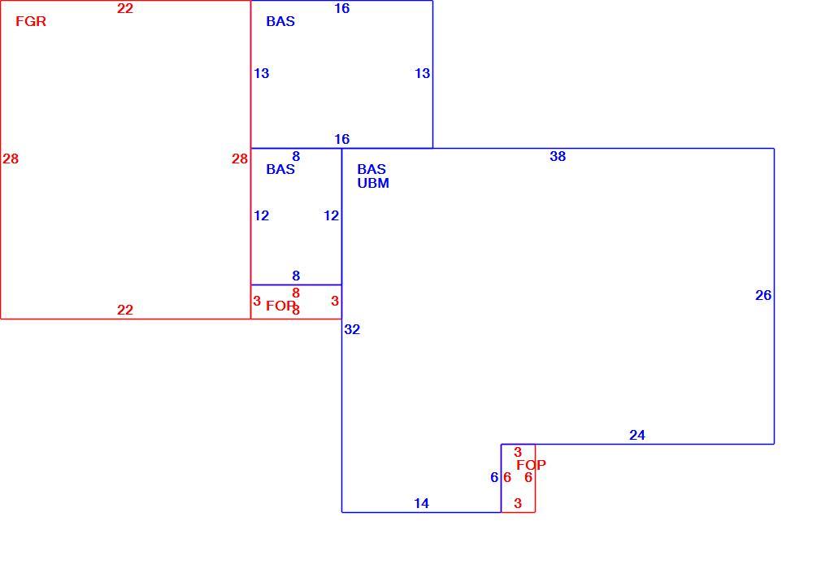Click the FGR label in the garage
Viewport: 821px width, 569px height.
(x=31, y=21)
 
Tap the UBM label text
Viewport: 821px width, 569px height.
(x=373, y=183)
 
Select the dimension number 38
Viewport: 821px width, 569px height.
(x=558, y=156)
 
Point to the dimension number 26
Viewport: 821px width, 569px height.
(x=763, y=295)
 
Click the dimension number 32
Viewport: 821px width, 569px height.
(x=352, y=329)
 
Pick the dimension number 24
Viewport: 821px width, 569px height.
(x=636, y=435)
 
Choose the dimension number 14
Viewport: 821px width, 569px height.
(x=421, y=503)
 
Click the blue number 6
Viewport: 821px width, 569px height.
(x=494, y=477)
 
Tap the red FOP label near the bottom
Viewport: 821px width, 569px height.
(x=531, y=465)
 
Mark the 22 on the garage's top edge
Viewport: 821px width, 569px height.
(x=124, y=8)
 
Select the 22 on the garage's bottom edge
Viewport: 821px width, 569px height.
(x=124, y=310)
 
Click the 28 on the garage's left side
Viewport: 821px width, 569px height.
(x=11, y=159)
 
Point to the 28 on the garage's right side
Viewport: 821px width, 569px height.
(x=239, y=159)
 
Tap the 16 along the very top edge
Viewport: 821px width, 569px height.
(x=342, y=8)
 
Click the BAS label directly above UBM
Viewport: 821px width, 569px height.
(x=371, y=169)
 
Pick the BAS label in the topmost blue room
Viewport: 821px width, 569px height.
(x=280, y=21)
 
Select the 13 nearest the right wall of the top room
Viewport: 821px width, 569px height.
(x=422, y=73)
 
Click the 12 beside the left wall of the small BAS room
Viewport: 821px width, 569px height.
(x=261, y=215)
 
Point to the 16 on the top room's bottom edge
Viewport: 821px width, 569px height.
(x=342, y=139)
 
